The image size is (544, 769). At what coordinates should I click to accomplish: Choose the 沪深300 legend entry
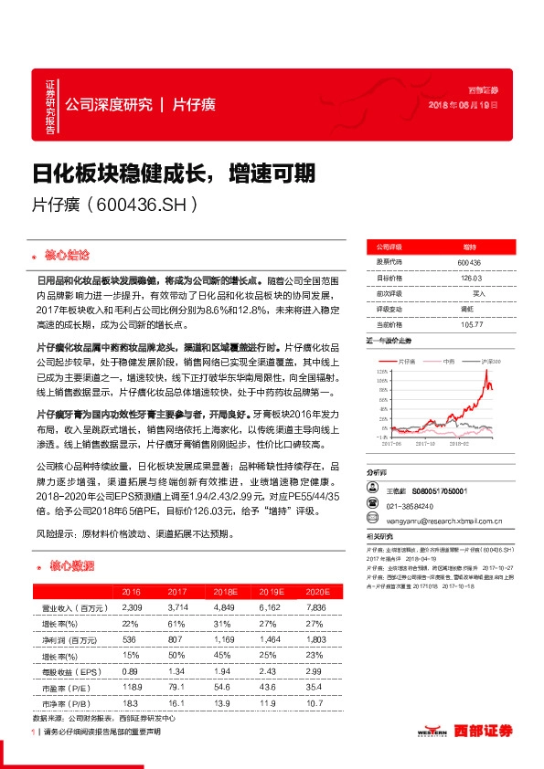[495, 362]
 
